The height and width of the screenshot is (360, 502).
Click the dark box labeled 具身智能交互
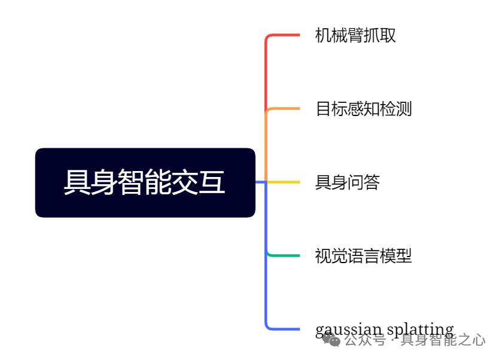tap(145, 182)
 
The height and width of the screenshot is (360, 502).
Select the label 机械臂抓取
tap(355, 35)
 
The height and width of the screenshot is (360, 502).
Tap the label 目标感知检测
tap(364, 109)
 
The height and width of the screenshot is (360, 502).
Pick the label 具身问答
tap(348, 182)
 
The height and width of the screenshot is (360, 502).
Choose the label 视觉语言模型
tap(364, 256)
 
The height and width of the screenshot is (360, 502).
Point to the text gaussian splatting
tap(384, 330)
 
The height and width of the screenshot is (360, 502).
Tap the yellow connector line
tap(282, 182)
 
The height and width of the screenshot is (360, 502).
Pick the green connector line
tap(282, 255)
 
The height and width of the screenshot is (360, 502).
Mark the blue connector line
tap(266, 287)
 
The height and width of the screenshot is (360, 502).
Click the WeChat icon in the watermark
tap(331, 340)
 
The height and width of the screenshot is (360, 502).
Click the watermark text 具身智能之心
tap(443, 341)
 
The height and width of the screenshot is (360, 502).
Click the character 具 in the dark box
tap(75, 182)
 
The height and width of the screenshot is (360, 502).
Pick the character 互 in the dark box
tap(214, 182)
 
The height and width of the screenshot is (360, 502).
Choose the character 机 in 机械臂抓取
tap(323, 35)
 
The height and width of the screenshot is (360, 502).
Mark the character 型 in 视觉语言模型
tap(404, 256)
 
